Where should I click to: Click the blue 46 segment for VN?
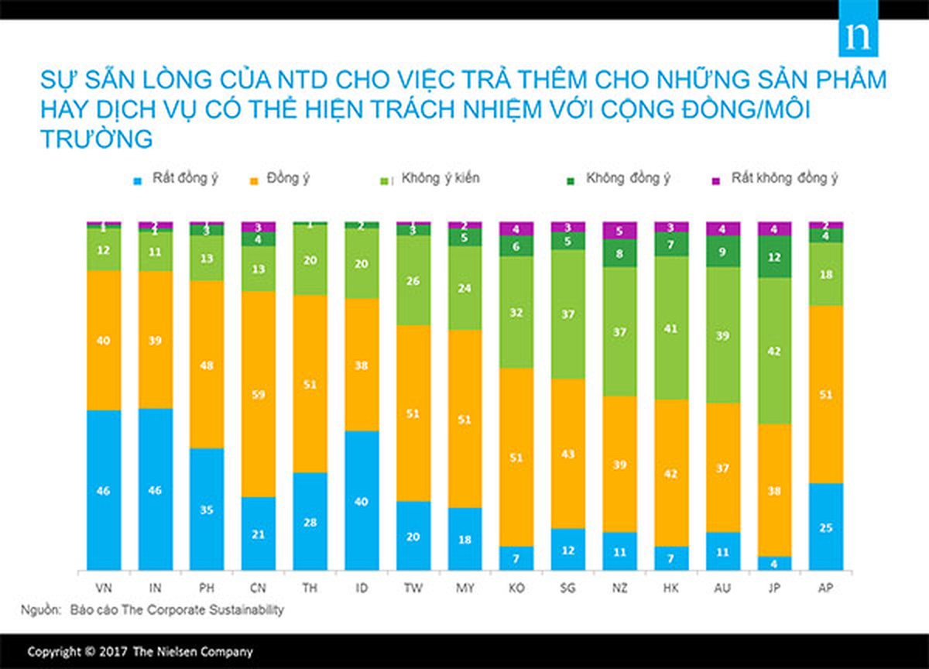tap(104, 489)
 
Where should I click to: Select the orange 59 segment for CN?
tap(259, 393)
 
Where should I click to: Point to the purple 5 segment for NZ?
tap(619, 230)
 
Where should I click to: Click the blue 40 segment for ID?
tap(362, 500)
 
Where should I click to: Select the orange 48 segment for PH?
tap(207, 364)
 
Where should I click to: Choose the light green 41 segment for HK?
tap(671, 328)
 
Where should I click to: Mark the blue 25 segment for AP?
tap(826, 527)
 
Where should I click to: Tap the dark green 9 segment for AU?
tap(723, 251)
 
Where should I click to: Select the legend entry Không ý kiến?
tap(440, 179)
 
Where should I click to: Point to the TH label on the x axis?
tap(310, 588)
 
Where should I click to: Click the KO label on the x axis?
tap(516, 588)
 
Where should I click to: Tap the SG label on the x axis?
tap(568, 588)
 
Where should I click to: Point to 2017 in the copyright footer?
tap(114, 652)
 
